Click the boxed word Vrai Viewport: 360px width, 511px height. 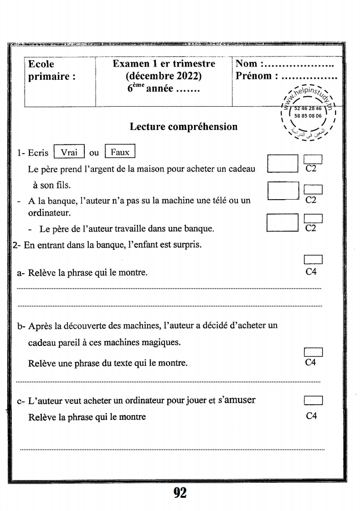tap(69, 153)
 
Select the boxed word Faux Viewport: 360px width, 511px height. tap(120, 153)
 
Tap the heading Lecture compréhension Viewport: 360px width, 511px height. tap(184, 126)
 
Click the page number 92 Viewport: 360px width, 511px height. tap(180, 492)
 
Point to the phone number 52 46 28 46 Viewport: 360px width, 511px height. tap(308, 109)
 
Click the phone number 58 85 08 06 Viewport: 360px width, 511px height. tap(308, 116)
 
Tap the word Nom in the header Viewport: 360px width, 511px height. tap(247, 64)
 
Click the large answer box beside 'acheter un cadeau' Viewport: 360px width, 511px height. tap(283, 164)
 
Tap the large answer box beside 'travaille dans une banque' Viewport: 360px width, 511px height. tap(282, 222)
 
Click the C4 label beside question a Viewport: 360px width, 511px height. tap(312, 272)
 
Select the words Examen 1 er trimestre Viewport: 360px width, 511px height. tap(164, 64)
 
